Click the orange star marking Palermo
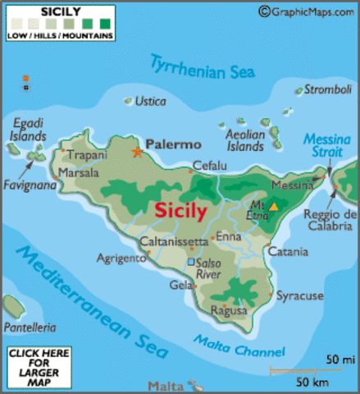137,151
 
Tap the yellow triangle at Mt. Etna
274,208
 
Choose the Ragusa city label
229,312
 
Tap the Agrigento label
120,257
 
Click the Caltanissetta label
174,242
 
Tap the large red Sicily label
180,209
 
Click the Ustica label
149,101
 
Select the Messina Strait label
326,148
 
